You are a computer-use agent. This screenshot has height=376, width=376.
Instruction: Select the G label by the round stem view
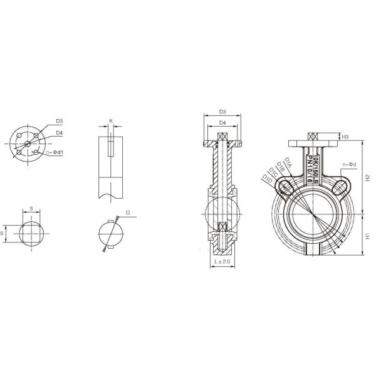pos(128,213)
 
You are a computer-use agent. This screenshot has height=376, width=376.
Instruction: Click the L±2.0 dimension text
pos(222,260)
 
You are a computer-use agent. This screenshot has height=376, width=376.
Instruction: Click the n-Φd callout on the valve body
pos(349,165)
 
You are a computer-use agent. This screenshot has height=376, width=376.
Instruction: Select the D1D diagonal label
pos(268,180)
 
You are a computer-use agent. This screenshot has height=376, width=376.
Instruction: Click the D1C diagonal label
pos(274,173)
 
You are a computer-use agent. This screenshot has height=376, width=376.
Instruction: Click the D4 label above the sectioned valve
pos(222,123)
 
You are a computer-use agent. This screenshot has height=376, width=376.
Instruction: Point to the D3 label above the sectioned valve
pos(222,113)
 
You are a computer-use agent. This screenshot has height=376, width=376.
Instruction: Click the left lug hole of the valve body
pos(285,187)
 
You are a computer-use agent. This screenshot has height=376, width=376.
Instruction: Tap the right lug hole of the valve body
pos(342,186)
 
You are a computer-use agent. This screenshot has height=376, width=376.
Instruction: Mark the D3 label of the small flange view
pos(59,121)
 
